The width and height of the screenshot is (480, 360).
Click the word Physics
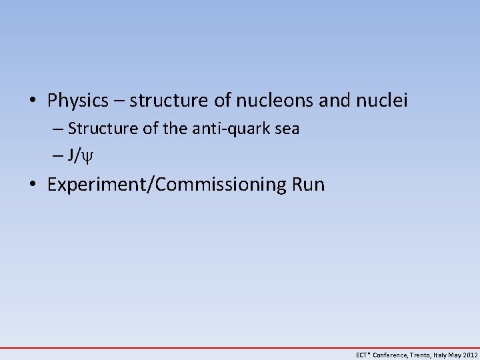tap(77, 101)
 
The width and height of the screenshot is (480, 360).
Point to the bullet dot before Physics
tap(33, 102)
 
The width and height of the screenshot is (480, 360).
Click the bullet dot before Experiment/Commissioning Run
tap(33, 185)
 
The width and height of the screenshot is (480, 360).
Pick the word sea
tap(286, 129)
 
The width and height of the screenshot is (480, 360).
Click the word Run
tap(308, 184)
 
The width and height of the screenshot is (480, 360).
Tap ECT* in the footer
tap(363, 355)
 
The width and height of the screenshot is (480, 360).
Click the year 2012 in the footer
tap(469, 355)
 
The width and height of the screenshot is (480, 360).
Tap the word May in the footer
tap(456, 355)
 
